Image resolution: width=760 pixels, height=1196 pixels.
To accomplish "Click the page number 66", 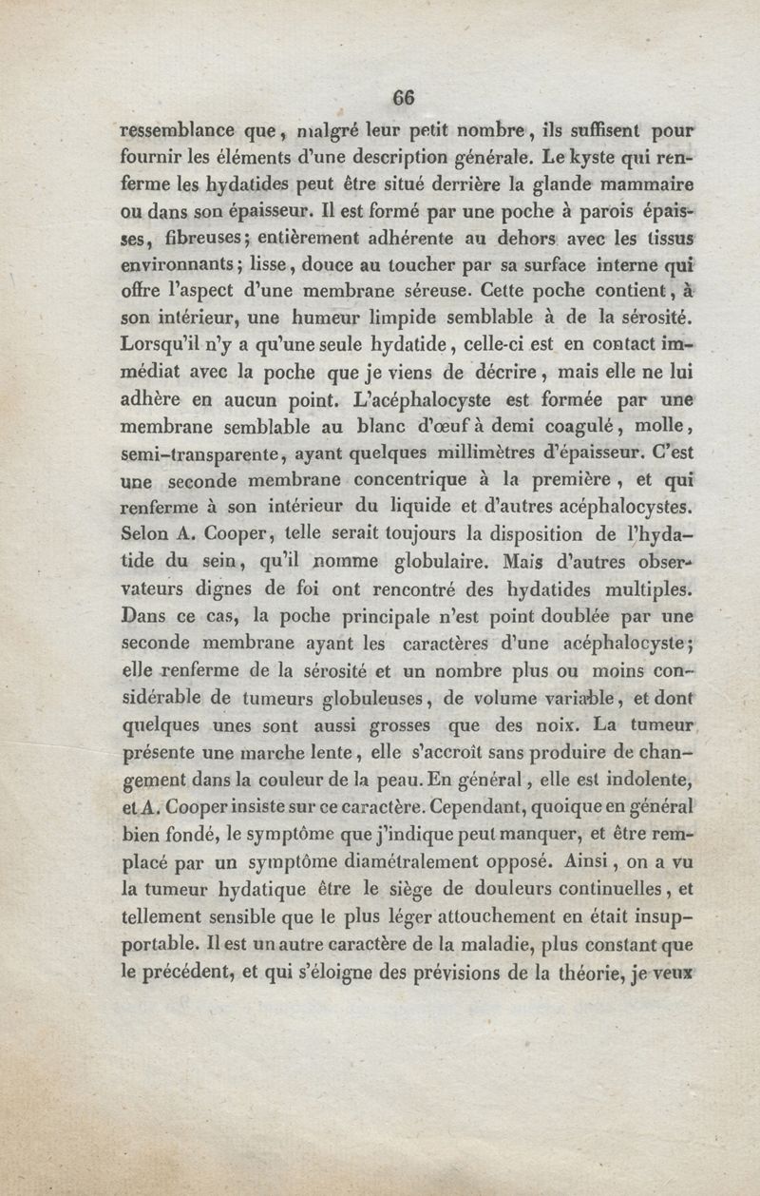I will (x=404, y=97).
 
